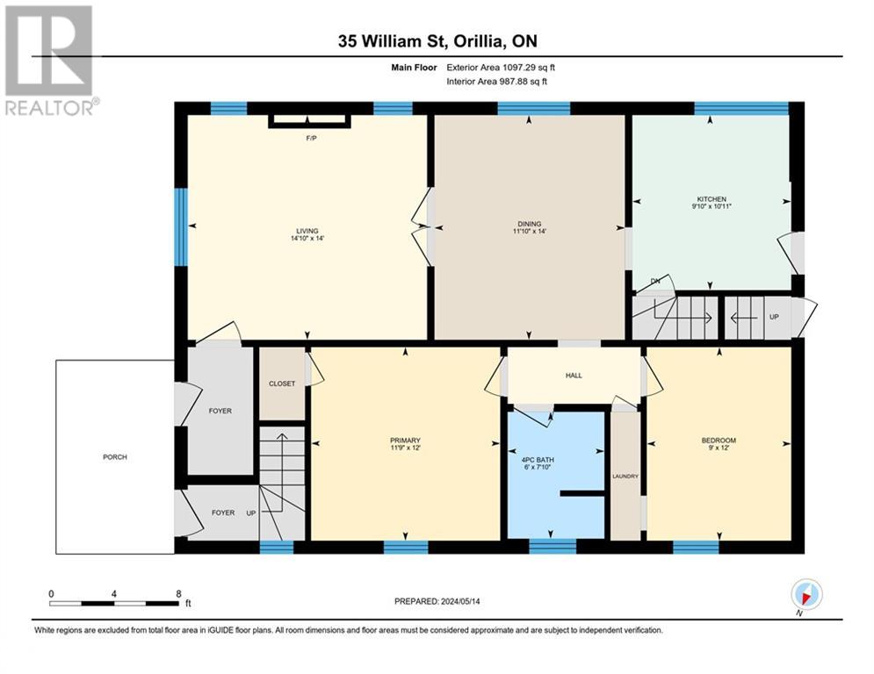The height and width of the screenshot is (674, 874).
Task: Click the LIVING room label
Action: (307, 231)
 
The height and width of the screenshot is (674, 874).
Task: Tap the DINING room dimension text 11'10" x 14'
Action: (530, 231)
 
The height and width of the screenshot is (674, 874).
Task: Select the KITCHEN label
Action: (711, 199)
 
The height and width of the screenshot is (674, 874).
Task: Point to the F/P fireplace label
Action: (312, 138)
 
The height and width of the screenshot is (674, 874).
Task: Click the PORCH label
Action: (115, 456)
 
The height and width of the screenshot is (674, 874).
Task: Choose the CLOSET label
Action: (282, 384)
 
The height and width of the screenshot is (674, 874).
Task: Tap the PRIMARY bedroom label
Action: (405, 440)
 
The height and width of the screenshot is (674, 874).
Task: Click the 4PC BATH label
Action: (538, 460)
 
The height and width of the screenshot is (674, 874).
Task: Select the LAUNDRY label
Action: (625, 477)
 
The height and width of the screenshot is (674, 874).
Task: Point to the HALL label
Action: (574, 376)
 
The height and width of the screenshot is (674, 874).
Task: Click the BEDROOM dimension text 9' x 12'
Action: (719, 448)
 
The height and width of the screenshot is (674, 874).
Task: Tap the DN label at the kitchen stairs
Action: (655, 282)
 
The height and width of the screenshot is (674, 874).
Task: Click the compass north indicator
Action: (806, 595)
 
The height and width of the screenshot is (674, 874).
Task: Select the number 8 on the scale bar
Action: (178, 594)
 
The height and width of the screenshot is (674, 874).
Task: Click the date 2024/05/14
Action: (460, 601)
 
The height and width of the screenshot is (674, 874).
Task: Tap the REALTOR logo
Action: (49, 61)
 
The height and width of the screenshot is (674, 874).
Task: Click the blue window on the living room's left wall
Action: (181, 227)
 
